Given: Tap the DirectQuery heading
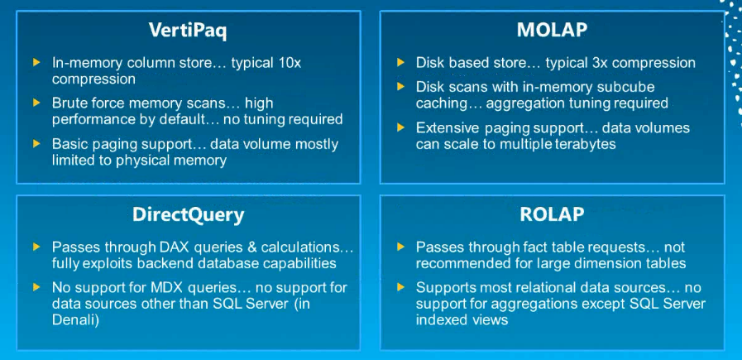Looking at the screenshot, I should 188,215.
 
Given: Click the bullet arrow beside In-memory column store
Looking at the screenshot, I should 36,63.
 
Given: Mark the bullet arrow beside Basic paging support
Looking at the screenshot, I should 36,144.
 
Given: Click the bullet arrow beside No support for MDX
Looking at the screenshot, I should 36,287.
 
